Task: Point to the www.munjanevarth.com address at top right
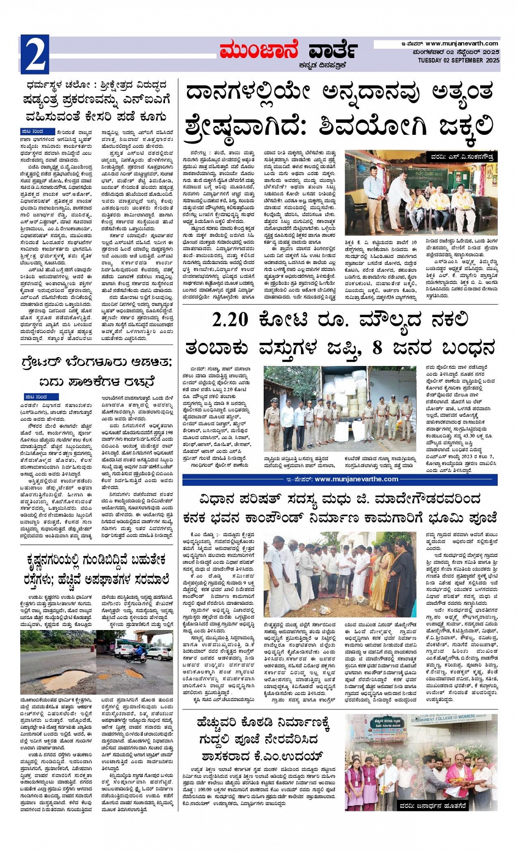tap(462, 44)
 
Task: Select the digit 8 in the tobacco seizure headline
tap(377, 348)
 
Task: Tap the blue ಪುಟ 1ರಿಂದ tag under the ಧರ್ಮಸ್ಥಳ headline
tap(37, 132)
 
